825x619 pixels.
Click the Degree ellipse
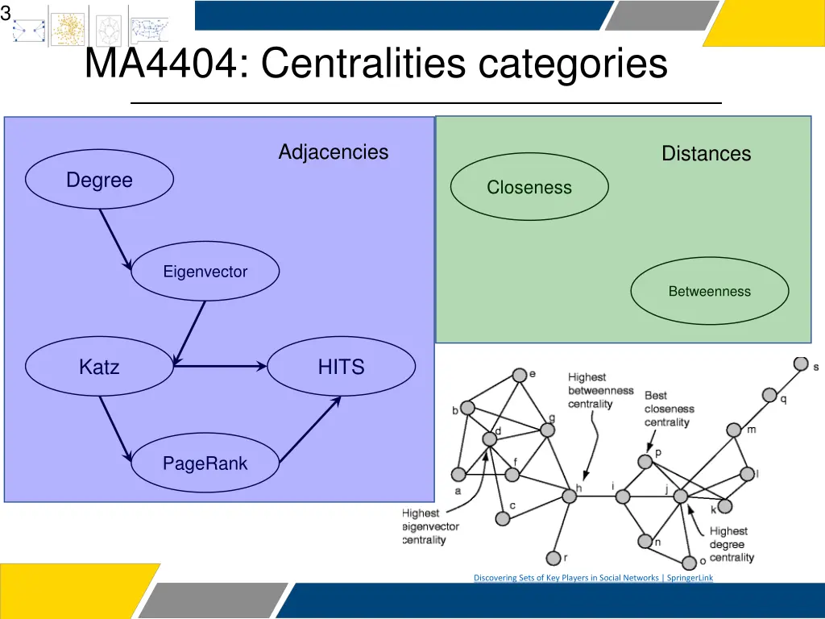[x=99, y=180]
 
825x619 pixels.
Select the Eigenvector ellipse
[x=205, y=272]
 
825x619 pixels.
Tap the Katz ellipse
[x=99, y=367]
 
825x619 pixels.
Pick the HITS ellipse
[x=341, y=367]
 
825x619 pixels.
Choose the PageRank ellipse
[x=205, y=463]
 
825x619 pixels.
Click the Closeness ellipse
[x=529, y=187]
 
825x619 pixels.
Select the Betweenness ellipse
[x=709, y=291]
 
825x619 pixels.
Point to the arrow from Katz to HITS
[x=219, y=367]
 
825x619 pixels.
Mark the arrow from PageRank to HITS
[x=310, y=431]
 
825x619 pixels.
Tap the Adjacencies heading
[x=333, y=152]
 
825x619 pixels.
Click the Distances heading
[x=706, y=153]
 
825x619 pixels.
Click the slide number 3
[x=6, y=13]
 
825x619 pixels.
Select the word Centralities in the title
[x=363, y=64]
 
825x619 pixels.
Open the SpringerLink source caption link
[x=593, y=577]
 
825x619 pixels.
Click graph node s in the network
[x=800, y=364]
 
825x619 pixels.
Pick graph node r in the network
[x=553, y=558]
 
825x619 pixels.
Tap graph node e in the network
[x=520, y=376]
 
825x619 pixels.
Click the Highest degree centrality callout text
[x=731, y=544]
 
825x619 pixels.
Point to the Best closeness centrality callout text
[x=668, y=409]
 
